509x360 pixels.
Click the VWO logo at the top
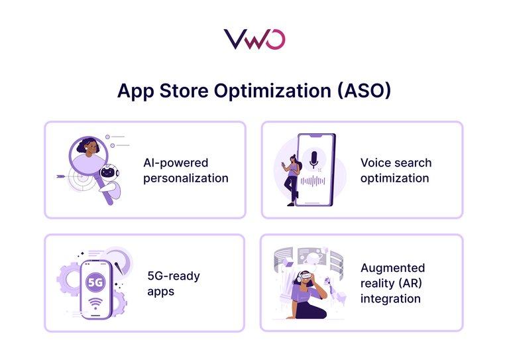coord(254,38)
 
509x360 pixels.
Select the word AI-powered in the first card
coord(175,162)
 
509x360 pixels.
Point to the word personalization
coord(186,178)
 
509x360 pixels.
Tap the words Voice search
coord(396,162)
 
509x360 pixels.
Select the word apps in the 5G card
coord(161,291)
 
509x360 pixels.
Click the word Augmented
coord(392,268)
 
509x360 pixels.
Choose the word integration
coord(390,298)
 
